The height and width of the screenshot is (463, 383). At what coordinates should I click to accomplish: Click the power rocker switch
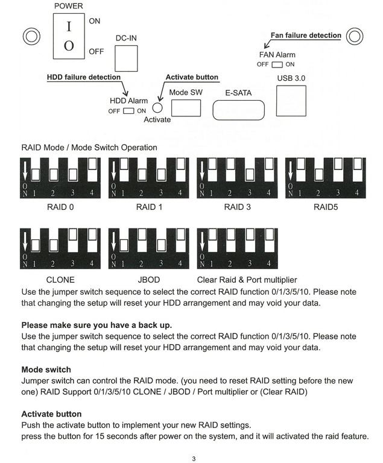pyautogui.click(x=69, y=36)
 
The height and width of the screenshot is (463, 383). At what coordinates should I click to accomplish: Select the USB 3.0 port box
pyautogui.click(x=291, y=100)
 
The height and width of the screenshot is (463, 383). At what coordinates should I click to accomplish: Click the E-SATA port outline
pyautogui.click(x=239, y=109)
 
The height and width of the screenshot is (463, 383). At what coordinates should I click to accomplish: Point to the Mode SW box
pyautogui.click(x=186, y=107)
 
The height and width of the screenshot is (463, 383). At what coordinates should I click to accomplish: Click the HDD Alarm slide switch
pyautogui.click(x=128, y=111)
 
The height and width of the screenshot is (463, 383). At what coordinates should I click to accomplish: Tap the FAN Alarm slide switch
pyautogui.click(x=277, y=65)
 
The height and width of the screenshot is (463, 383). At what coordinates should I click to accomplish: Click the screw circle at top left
pyautogui.click(x=31, y=36)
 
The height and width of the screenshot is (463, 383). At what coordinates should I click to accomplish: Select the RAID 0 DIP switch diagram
pyautogui.click(x=60, y=178)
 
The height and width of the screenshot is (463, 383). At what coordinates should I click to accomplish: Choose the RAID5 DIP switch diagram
pyautogui.click(x=325, y=178)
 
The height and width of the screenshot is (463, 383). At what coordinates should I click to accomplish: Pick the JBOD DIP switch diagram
pyautogui.click(x=148, y=247)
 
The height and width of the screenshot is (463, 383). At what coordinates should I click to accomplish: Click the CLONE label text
pyautogui.click(x=60, y=280)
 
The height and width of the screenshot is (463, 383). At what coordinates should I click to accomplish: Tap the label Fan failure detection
pyautogui.click(x=305, y=36)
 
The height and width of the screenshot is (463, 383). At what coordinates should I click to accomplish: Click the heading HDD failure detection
pyautogui.click(x=84, y=77)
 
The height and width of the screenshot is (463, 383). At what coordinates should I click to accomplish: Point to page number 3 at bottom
pyautogui.click(x=194, y=459)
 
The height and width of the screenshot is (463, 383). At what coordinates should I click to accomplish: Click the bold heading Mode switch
pyautogui.click(x=46, y=370)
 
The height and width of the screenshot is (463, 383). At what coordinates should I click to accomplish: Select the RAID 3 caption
pyautogui.click(x=237, y=207)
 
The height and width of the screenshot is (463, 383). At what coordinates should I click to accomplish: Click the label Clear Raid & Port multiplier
pyautogui.click(x=247, y=280)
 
